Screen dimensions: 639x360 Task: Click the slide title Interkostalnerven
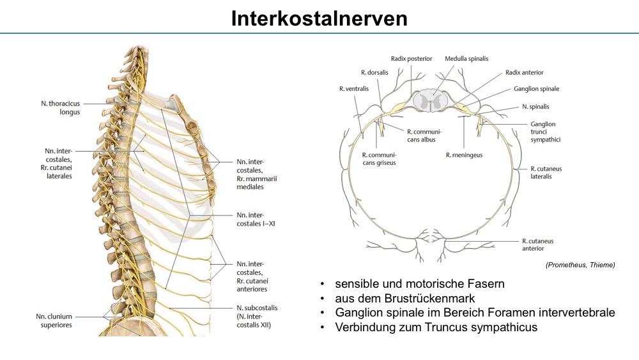tap(319, 19)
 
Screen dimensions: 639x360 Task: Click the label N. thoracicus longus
tap(60, 107)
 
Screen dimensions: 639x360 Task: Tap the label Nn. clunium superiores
tap(54, 320)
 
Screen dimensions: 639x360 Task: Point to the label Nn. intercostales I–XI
tap(256, 219)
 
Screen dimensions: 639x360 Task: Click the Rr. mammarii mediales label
tap(257, 183)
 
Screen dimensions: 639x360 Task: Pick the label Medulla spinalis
tap(466, 59)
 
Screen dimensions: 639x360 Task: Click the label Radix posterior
tap(411, 59)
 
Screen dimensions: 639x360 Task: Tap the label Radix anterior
tap(525, 72)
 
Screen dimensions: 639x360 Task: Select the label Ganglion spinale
tap(536, 89)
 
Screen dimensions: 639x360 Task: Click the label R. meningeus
tap(464, 155)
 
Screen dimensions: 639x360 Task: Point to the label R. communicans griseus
tap(379, 159)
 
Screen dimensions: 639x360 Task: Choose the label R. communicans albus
tap(424, 136)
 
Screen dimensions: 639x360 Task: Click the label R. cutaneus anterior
tap(538, 245)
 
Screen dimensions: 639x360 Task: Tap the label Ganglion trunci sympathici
tap(545, 132)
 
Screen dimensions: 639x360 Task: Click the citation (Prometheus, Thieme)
tap(580, 265)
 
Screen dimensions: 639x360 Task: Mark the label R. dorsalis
tap(374, 72)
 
